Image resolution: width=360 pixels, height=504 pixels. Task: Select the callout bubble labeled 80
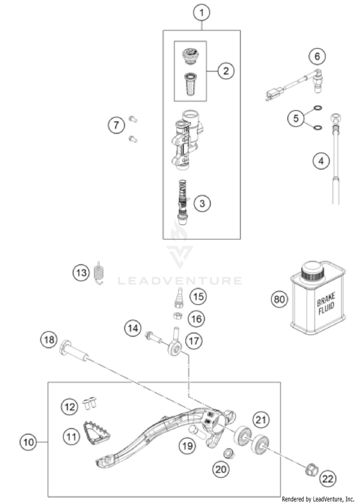[x=279, y=300]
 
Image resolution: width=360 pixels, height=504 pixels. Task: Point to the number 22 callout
[x=328, y=478]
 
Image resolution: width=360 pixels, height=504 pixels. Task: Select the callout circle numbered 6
[x=316, y=57]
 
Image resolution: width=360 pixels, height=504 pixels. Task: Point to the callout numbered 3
[x=202, y=204]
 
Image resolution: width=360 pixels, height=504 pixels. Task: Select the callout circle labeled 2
[x=225, y=71]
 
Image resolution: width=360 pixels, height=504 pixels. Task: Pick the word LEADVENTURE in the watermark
[x=180, y=280]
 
